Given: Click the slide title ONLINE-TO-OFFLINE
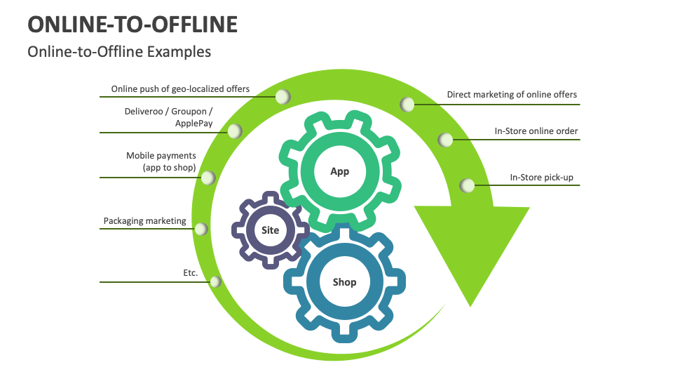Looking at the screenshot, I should click(132, 24).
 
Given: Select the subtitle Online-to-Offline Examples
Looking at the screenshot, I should click(118, 52).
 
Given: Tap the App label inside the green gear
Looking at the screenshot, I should click(339, 171).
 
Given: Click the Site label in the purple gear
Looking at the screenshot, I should click(270, 230).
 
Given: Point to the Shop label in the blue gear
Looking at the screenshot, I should click(344, 282).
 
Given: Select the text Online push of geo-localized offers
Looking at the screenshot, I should click(180, 89).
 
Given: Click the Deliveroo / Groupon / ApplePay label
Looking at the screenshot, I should click(168, 117).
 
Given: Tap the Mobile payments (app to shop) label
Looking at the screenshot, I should click(161, 161).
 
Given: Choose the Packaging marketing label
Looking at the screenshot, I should click(145, 220).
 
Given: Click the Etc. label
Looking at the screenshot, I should click(191, 272).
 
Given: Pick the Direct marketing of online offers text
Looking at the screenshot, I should click(512, 95).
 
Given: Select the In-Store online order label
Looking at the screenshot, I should click(536, 131).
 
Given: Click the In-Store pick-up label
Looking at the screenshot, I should click(541, 178).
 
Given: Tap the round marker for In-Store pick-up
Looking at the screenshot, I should click(468, 185).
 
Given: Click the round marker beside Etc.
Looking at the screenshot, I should click(215, 281).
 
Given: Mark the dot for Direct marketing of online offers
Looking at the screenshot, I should click(407, 105).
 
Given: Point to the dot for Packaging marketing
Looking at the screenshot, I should click(200, 229).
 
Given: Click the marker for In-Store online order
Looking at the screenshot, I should click(445, 140).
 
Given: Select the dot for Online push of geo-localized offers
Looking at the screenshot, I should click(283, 97).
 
